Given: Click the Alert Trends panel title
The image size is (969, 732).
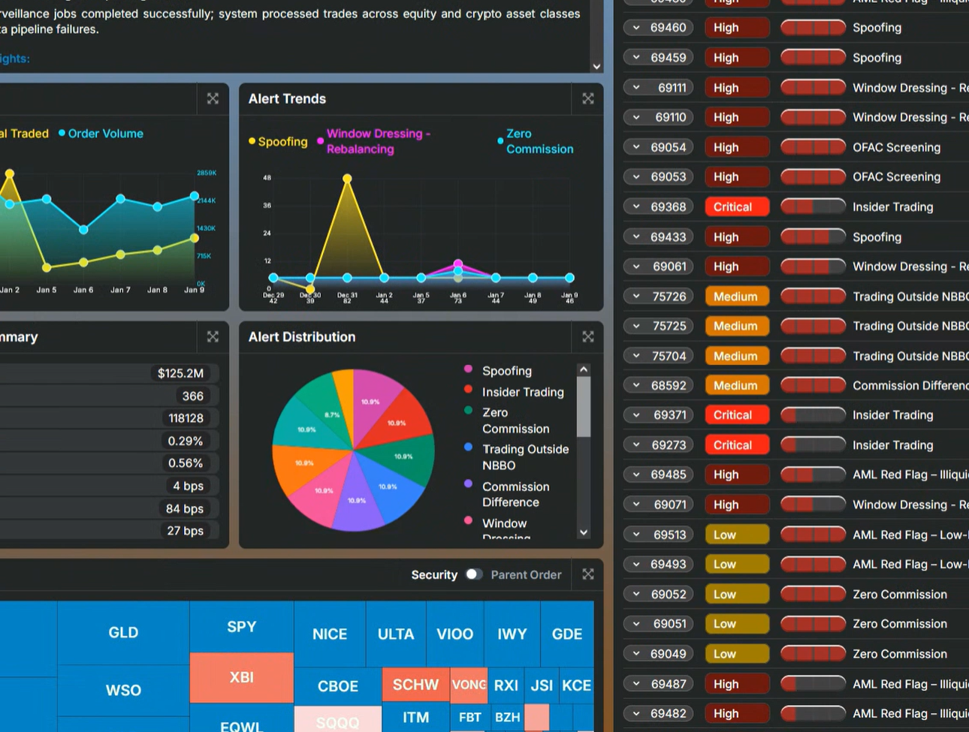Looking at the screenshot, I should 287,99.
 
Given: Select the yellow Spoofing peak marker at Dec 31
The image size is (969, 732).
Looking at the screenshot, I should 347,179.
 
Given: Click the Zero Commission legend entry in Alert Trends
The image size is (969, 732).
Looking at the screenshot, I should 539,141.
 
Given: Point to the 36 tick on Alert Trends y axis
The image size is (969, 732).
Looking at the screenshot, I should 267,206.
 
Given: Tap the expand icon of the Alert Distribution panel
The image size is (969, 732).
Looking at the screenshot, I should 587,337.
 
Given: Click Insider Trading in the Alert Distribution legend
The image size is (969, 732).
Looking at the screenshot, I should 522,392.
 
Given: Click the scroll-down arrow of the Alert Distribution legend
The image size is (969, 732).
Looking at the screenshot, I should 584,532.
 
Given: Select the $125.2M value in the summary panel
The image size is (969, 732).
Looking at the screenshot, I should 180,373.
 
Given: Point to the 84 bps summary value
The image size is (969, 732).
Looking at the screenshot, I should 184,508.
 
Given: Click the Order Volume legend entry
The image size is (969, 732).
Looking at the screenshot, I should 105,134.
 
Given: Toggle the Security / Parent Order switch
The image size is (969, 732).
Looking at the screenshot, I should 473,574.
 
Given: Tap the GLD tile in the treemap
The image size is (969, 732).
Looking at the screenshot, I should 123,633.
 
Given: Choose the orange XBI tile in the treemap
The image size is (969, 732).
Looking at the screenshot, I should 241,677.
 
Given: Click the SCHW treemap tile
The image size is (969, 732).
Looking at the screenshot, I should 415,685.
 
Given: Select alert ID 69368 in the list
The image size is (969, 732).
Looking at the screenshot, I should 668,207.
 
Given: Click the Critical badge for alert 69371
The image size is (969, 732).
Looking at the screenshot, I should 736,415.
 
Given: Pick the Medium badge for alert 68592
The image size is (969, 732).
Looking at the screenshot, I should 736,386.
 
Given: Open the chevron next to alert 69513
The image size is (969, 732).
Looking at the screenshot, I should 636,535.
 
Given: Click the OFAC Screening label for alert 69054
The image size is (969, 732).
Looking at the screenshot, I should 896,147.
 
